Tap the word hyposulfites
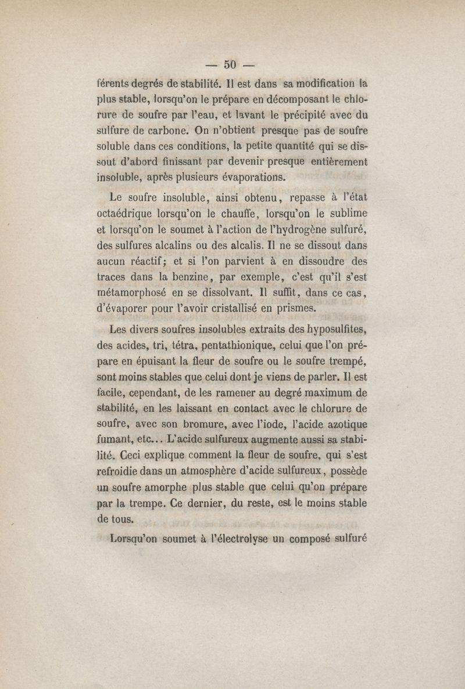330,332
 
